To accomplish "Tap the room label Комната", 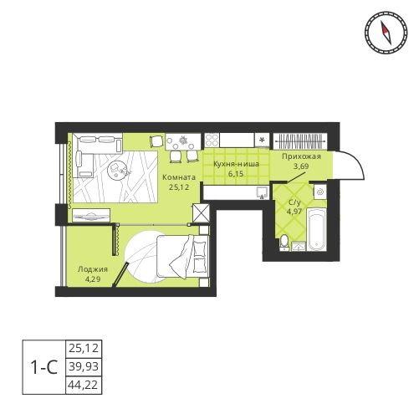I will click(x=180, y=177).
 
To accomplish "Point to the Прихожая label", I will click(x=302, y=156).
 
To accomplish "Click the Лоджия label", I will click(x=92, y=269).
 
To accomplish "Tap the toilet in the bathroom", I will click(x=285, y=243).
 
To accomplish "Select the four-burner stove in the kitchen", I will click(x=212, y=139).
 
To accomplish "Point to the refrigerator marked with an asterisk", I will click(x=263, y=139).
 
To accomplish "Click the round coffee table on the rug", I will click(x=118, y=171).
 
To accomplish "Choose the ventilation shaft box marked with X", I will click(x=201, y=213).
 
